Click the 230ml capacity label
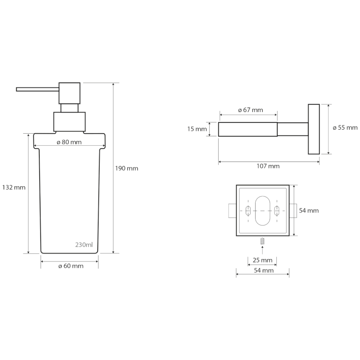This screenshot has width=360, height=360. [x=84, y=245]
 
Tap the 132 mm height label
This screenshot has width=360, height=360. [x=13, y=187]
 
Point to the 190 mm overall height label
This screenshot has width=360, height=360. [x=127, y=168]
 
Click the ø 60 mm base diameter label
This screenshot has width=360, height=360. [x=71, y=266]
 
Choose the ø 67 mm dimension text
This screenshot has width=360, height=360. [x=250, y=110]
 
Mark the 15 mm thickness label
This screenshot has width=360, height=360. [x=197, y=129]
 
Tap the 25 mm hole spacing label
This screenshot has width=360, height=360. [x=262, y=261]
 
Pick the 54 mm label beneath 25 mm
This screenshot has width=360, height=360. [x=262, y=270]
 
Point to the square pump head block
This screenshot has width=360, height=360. [x=70, y=93]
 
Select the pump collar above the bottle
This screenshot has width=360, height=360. [x=69, y=121]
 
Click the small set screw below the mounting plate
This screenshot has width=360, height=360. [x=262, y=242]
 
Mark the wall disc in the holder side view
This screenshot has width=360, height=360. [x=314, y=129]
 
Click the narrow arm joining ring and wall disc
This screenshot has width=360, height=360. [x=292, y=129]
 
